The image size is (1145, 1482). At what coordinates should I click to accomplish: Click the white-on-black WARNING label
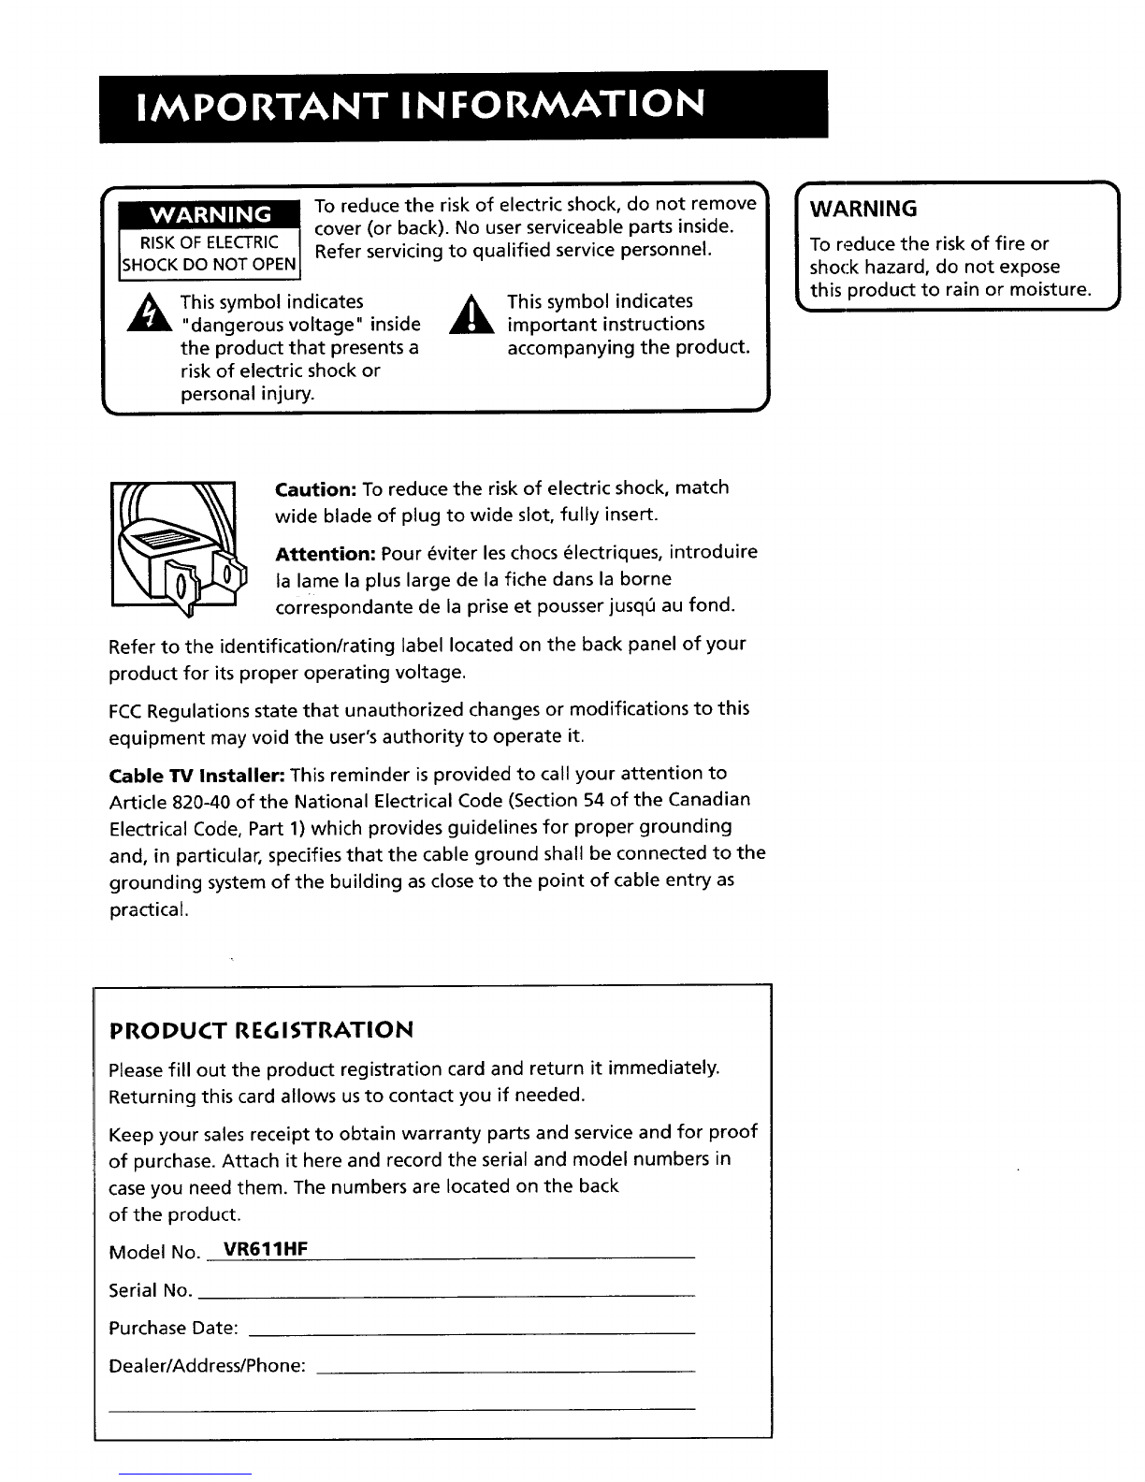click(x=212, y=214)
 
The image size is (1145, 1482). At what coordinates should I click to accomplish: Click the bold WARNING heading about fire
click(x=863, y=207)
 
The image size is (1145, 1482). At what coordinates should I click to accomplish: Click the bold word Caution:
click(x=316, y=489)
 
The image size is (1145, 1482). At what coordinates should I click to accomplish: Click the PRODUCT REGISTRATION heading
click(x=261, y=1031)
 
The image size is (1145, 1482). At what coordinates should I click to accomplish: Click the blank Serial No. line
click(x=448, y=1294)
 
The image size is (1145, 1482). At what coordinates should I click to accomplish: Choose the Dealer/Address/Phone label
click(x=207, y=1365)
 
